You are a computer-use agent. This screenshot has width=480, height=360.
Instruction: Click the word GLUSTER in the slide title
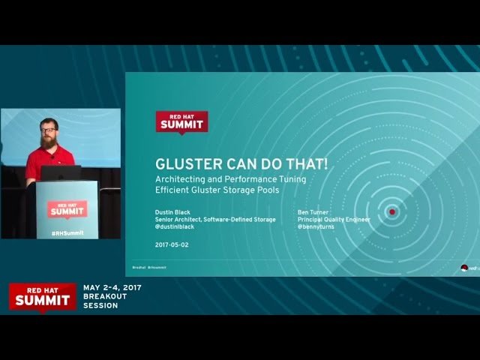(185, 163)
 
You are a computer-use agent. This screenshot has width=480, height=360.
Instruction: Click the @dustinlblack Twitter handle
(174, 226)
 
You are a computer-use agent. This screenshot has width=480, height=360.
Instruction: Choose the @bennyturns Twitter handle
(316, 226)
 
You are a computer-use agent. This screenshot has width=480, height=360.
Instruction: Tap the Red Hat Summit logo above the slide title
(181, 122)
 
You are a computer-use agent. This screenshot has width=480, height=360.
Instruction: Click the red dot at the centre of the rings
(391, 212)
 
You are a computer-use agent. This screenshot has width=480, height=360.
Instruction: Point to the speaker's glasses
(49, 130)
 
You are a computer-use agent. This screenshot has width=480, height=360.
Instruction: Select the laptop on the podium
(61, 172)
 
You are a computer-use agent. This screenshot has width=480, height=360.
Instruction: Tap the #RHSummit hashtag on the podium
(67, 232)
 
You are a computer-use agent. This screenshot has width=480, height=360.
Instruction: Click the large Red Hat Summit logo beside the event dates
(42, 296)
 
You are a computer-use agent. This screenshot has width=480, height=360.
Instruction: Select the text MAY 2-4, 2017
(112, 287)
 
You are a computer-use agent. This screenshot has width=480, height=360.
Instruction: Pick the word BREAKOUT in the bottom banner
(106, 296)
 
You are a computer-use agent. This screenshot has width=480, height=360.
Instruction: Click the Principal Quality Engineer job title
(334, 220)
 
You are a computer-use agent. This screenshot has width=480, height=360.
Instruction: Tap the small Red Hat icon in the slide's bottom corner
(464, 267)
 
